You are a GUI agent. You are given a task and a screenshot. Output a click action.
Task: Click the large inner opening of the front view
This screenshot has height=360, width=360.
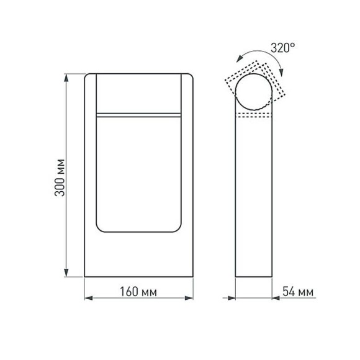coord(139,174)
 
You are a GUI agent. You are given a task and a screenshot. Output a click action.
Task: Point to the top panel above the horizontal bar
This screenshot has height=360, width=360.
coord(139,93)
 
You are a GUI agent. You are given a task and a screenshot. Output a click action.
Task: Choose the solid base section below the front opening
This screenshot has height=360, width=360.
coord(139,254)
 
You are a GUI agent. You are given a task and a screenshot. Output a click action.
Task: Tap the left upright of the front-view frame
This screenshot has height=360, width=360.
coord(90,174)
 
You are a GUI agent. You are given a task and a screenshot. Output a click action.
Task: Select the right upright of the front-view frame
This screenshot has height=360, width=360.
coord(187,174)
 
